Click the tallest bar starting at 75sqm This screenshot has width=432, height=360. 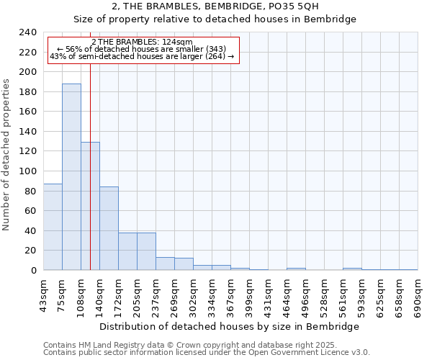[x=71, y=176]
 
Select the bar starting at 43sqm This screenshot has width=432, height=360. [x=53, y=227]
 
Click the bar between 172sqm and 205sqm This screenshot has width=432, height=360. [x=127, y=251]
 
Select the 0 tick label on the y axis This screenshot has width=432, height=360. [x=33, y=271]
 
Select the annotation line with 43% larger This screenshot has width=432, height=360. [x=142, y=56]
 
